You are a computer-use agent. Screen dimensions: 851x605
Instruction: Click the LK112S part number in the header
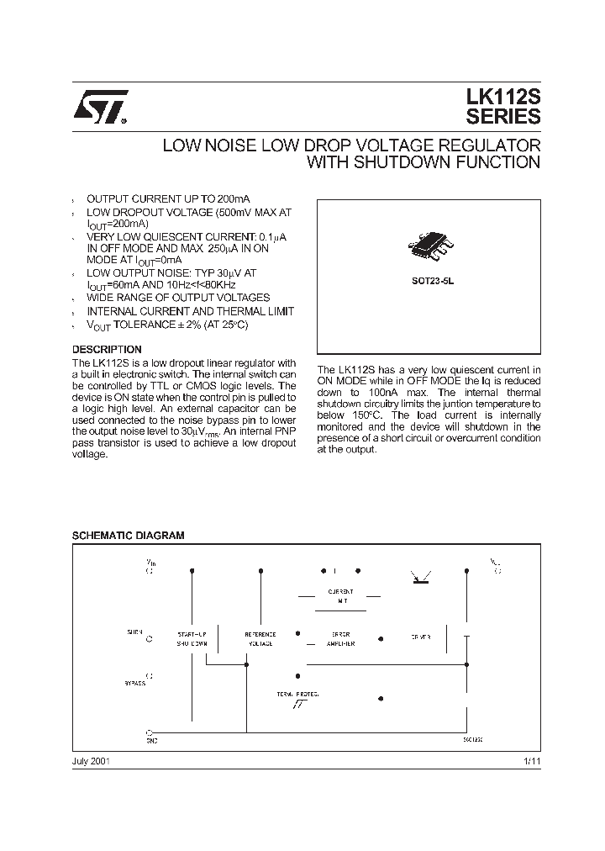(x=502, y=99)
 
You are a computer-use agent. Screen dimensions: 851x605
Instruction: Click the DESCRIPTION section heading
(x=107, y=349)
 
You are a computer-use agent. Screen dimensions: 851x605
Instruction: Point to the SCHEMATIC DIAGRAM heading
(x=128, y=535)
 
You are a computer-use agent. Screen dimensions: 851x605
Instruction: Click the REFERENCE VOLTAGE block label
(x=260, y=638)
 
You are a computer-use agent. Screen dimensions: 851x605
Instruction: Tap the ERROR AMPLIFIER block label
(x=340, y=638)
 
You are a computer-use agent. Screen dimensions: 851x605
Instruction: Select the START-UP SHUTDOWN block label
(x=192, y=638)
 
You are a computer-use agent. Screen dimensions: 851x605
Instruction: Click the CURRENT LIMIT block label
(x=340, y=595)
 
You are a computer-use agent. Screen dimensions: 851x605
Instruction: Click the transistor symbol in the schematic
(x=418, y=576)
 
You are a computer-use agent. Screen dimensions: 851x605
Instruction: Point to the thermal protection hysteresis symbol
(x=298, y=705)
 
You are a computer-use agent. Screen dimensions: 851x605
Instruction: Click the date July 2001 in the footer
(x=92, y=760)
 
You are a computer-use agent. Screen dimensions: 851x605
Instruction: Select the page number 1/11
(x=531, y=760)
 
